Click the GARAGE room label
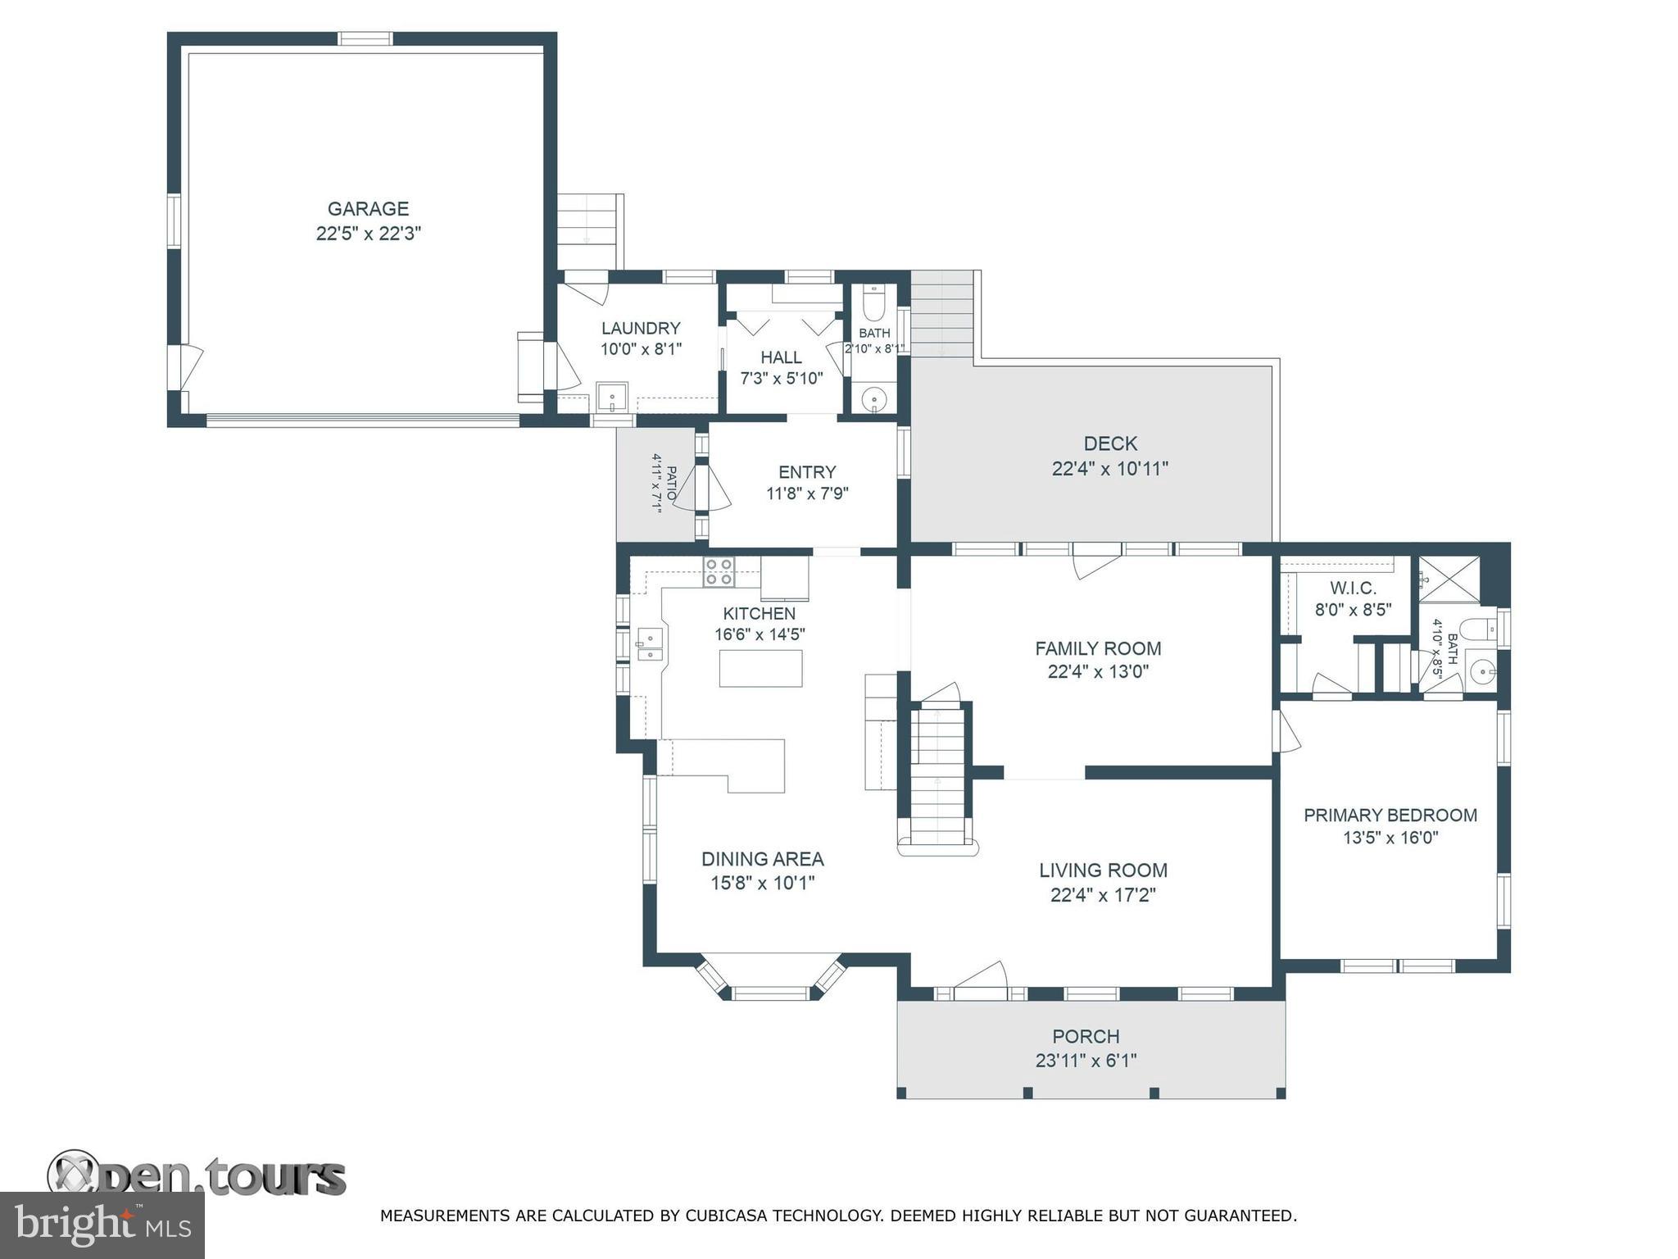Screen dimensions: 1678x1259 pos(368,209)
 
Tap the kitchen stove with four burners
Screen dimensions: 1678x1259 pos(719,571)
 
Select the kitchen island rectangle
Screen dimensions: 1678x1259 pos(760,668)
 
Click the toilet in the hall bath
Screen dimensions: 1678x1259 pos(874,304)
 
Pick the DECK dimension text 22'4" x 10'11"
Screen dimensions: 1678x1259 pos(1109,469)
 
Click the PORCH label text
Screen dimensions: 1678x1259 pos(1086,1037)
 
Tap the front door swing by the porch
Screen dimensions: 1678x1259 pos(980,977)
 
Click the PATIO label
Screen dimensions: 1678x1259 pos(671,484)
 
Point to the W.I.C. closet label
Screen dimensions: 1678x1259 pos(1353,589)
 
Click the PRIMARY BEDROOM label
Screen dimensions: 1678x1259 pos(1390,816)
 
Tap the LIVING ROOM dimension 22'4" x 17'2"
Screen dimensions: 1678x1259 pos(1103,894)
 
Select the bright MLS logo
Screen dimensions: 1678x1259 pos(102,1225)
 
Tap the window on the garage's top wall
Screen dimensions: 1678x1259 pos(365,39)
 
